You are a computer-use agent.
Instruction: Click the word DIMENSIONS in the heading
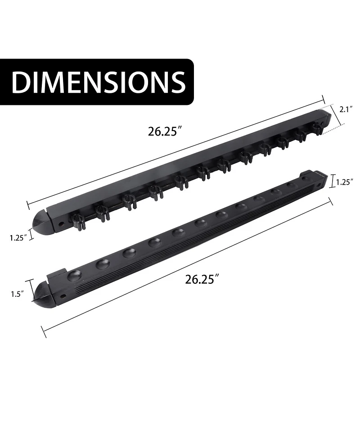coord(98,82)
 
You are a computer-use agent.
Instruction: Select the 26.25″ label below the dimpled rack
coord(202,279)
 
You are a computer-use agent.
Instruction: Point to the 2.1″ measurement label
coord(346,109)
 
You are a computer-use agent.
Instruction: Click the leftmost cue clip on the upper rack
coord(78,220)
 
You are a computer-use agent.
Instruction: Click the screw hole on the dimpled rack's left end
coord(63,296)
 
